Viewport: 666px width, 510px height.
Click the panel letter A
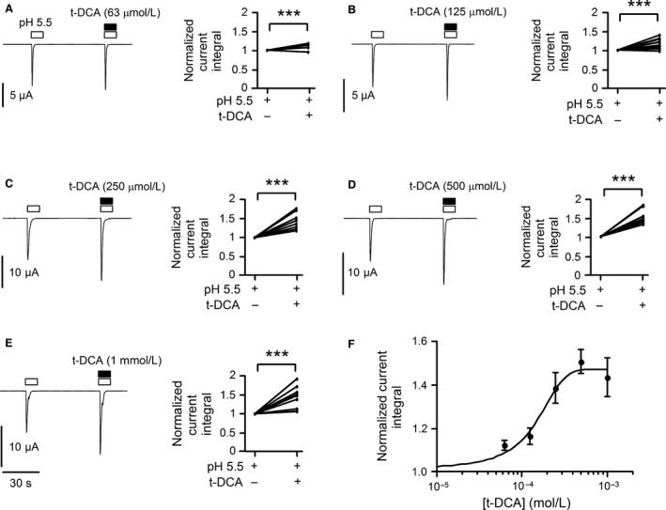(6, 10)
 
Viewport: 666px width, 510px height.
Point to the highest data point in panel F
(581, 363)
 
